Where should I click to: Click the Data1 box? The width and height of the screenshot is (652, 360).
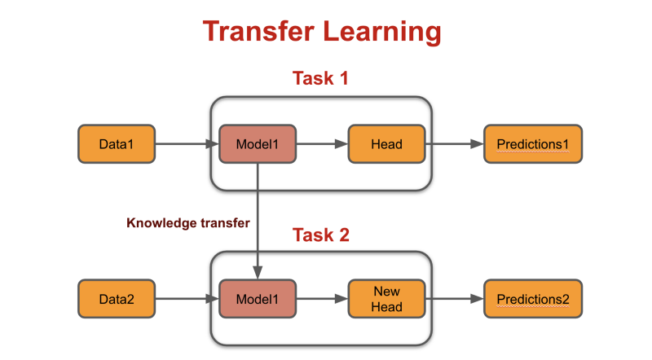(116, 145)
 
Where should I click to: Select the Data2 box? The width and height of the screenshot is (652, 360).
(116, 299)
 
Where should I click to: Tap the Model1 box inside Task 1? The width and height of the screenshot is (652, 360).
(257, 145)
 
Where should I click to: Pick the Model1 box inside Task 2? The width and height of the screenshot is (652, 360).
(257, 299)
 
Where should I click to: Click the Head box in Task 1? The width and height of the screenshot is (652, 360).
(386, 145)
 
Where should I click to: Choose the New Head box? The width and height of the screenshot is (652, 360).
(386, 299)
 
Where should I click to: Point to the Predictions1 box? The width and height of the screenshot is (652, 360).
(533, 145)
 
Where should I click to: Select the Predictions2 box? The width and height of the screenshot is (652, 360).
(533, 299)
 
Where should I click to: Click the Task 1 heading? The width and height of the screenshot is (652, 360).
(321, 80)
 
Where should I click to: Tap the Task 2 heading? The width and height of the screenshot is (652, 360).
(321, 235)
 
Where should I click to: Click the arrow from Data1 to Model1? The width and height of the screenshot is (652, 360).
(186, 145)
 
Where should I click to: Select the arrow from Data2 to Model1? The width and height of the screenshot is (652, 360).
(186, 299)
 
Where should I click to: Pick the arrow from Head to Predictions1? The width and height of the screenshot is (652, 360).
(453, 145)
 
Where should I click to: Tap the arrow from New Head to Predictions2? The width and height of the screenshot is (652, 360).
(453, 299)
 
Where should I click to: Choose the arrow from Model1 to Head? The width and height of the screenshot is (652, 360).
(321, 145)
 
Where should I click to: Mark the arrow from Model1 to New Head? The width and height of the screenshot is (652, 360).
(321, 299)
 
